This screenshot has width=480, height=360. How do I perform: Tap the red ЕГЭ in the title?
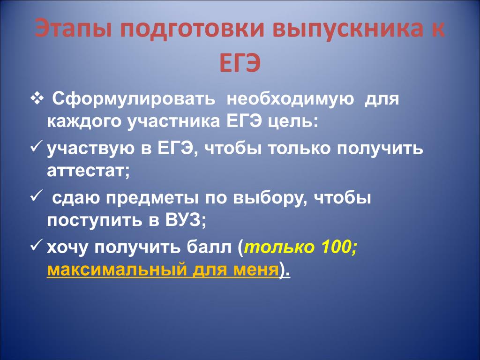(x=240, y=63)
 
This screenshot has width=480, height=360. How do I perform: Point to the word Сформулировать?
(x=134, y=99)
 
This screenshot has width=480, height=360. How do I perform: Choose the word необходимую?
(x=290, y=99)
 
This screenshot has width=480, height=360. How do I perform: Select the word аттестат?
(x=89, y=171)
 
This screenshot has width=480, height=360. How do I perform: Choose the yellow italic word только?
(x=279, y=247)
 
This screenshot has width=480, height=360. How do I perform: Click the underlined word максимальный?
(x=117, y=270)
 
